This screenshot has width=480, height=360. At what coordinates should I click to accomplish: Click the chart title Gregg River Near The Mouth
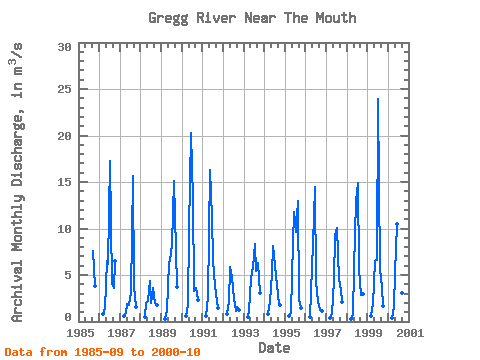point(252,18)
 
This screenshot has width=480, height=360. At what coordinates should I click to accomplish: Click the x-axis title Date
point(274,348)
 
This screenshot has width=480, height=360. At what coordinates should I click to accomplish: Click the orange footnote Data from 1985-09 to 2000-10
point(102,352)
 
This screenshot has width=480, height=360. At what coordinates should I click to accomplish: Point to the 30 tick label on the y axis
point(65,47)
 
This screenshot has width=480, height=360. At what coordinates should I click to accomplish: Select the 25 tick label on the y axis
point(65,89)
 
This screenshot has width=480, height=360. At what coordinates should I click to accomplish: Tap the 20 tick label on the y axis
point(65,136)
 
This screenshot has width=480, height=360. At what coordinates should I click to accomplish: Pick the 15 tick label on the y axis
point(65,182)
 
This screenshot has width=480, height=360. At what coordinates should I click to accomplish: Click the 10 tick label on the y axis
point(65,229)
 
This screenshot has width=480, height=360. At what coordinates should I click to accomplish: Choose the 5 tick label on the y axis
point(68,275)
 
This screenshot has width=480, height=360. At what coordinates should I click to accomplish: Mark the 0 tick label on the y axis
point(68,317)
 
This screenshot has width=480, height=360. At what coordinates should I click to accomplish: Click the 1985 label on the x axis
point(80,333)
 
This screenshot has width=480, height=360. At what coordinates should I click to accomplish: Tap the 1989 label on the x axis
point(162,333)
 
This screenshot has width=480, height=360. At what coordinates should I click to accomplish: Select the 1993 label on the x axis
point(245,333)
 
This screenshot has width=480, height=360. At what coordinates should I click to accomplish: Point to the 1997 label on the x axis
point(327,333)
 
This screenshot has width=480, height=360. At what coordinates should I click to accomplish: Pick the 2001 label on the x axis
point(410,333)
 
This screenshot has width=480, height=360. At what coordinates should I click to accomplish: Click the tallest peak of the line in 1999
point(378,99)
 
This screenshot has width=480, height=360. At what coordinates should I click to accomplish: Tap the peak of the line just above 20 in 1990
point(191,133)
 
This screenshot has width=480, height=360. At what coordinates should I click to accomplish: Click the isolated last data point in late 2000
point(402,293)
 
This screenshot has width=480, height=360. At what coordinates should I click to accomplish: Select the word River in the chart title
point(216,18)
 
